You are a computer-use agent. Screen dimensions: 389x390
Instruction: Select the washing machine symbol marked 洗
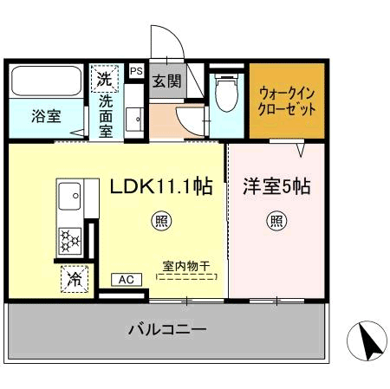click(x=105, y=79)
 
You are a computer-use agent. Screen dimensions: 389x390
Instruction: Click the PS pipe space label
click(x=136, y=71)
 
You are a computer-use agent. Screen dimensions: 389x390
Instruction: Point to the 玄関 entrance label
click(x=166, y=83)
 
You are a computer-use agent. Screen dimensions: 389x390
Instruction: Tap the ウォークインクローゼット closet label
click(x=287, y=102)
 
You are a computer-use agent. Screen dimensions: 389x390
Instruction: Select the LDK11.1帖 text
click(x=161, y=185)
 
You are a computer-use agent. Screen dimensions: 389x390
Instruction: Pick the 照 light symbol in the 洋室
click(x=275, y=220)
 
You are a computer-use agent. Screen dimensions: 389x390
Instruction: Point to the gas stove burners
click(x=68, y=237)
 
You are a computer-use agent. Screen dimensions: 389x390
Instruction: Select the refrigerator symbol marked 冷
click(x=75, y=279)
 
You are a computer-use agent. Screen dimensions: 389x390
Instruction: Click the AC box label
click(x=126, y=279)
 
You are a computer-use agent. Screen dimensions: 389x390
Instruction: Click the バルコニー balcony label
click(x=167, y=329)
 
